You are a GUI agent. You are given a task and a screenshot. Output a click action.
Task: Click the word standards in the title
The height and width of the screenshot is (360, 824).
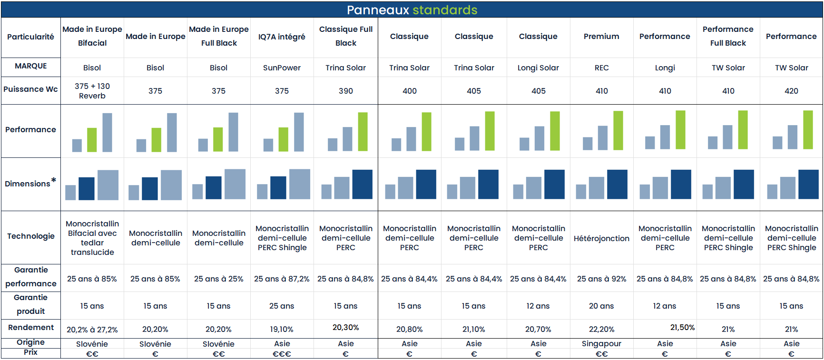444,10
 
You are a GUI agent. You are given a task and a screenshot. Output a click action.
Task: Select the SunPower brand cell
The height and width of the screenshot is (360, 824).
282,68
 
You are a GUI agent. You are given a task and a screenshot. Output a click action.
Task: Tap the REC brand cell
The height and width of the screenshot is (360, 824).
601,68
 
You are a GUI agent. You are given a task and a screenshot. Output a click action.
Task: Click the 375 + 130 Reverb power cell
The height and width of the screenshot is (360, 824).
92,91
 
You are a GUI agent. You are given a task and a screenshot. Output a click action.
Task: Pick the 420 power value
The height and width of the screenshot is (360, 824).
791,91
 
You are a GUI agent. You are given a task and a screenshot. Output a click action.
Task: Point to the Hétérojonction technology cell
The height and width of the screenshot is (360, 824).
601,238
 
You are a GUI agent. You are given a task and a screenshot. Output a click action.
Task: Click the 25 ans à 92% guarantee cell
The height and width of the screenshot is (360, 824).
601,279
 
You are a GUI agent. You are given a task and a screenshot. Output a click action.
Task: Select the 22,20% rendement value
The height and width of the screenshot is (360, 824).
601,329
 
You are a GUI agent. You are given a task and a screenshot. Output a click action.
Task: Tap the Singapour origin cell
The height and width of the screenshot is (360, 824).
601,343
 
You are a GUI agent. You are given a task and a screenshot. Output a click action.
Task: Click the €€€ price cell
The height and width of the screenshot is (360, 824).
282,354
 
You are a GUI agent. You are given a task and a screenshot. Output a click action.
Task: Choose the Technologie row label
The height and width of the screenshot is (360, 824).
31,236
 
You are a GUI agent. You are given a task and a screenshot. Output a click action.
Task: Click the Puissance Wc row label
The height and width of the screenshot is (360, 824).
31,89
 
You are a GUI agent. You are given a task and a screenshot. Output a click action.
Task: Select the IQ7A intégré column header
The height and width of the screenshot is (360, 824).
282,37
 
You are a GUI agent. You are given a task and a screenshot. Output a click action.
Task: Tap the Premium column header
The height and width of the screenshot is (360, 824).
601,36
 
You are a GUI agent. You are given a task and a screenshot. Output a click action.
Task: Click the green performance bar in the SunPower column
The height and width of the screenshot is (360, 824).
283,139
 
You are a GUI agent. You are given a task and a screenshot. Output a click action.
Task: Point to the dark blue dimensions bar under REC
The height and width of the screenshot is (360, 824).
617,184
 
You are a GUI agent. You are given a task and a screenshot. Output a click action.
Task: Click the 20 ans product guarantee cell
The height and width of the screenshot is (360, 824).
601,306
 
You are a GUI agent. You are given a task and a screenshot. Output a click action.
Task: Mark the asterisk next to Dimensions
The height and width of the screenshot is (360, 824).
54,180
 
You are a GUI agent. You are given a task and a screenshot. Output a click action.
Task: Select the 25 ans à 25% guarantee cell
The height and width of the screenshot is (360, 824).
218,279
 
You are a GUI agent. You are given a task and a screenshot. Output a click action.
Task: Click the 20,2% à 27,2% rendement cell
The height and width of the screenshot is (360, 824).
92,330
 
